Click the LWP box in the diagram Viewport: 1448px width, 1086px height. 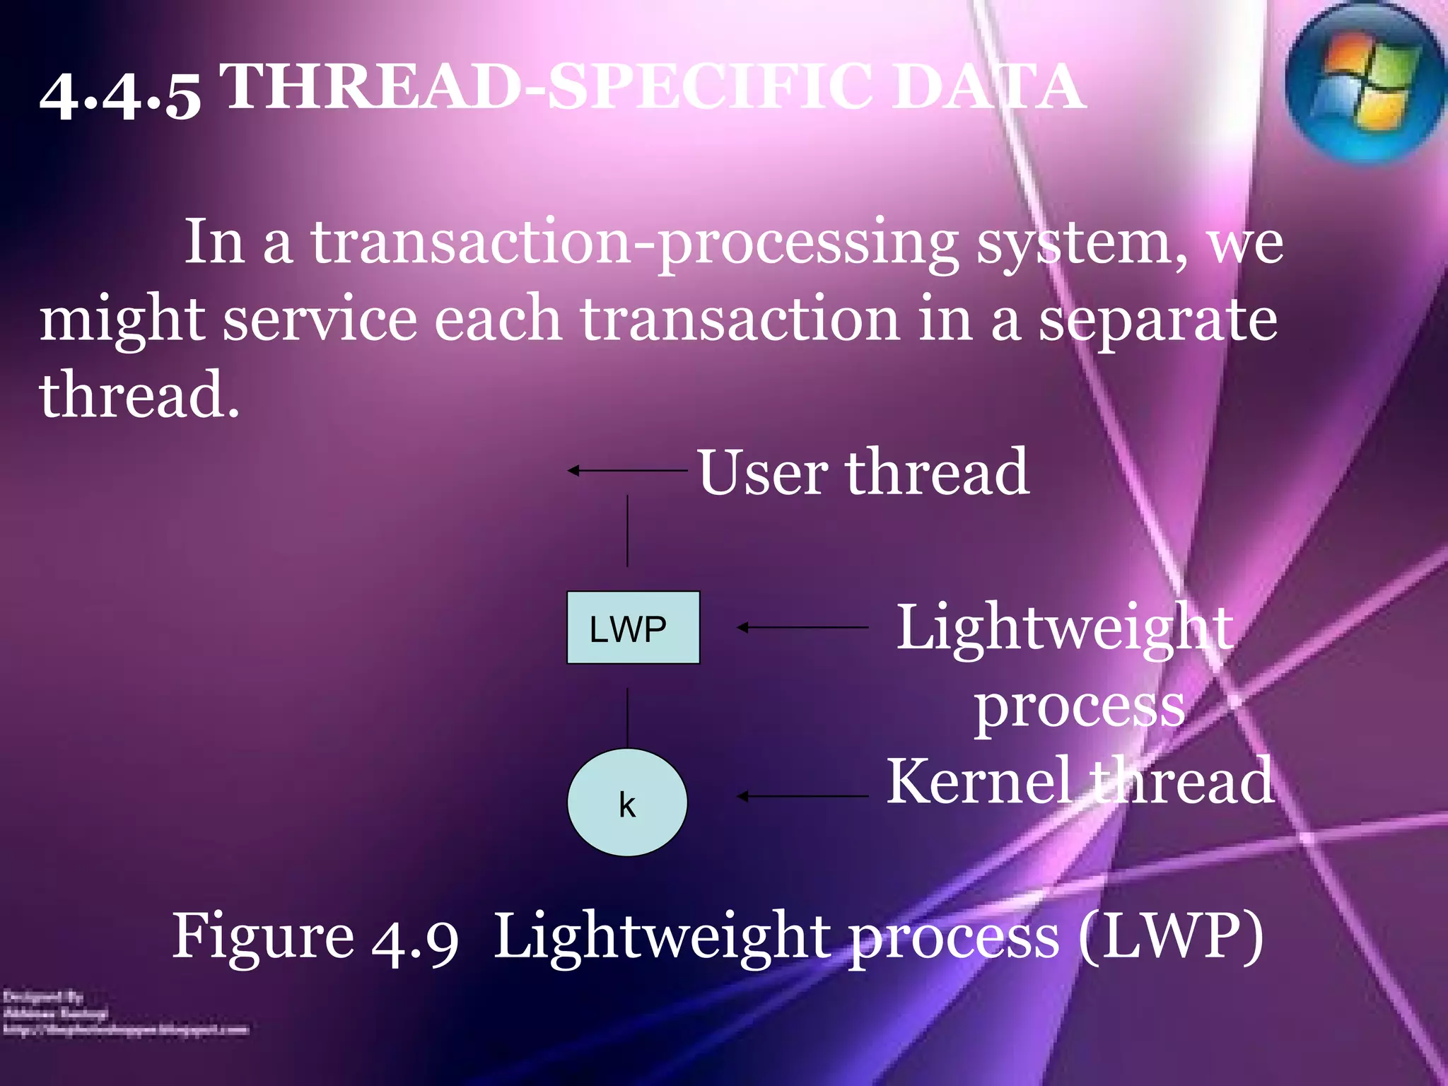click(633, 628)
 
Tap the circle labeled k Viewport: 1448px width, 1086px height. click(627, 803)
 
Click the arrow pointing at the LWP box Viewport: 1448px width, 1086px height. click(802, 627)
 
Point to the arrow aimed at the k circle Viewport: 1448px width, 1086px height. click(802, 796)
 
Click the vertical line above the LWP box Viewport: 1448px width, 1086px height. click(627, 531)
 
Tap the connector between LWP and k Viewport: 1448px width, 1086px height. click(627, 717)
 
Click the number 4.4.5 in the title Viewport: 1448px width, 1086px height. click(120, 95)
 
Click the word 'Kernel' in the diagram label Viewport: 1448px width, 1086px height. click(980, 781)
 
